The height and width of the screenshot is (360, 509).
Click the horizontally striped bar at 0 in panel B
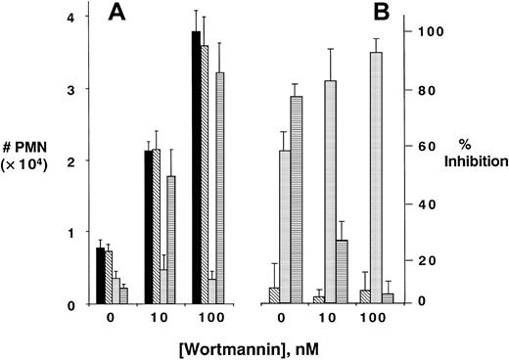coord(296,200)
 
